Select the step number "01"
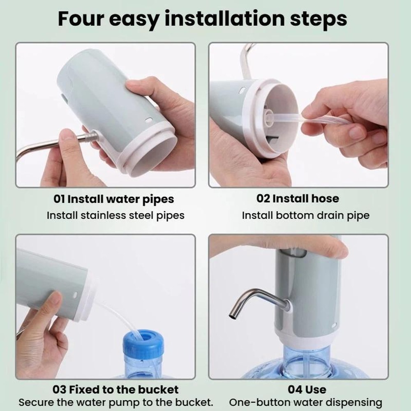pyautogui.click(x=60, y=199)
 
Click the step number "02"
pyautogui.click(x=263, y=199)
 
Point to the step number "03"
pyautogui.click(x=60, y=389)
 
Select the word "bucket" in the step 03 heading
pyautogui.click(x=160, y=389)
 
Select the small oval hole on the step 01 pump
pyautogui.click(x=148, y=121)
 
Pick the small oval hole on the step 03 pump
pyautogui.click(x=75, y=295)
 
